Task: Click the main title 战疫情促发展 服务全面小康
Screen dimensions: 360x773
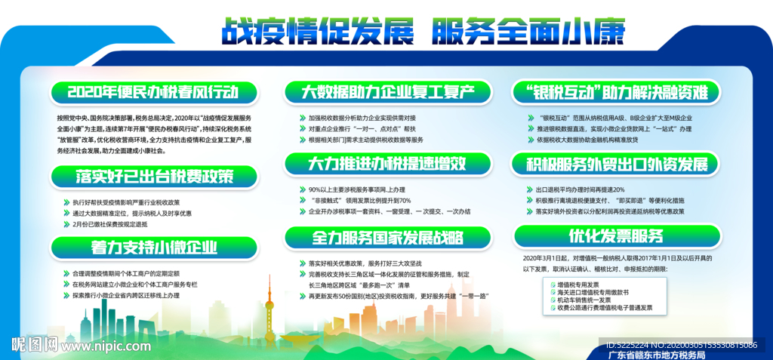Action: click(423, 31)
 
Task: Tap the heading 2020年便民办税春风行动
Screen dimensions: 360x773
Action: click(153, 93)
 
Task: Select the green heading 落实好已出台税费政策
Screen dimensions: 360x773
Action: click(154, 177)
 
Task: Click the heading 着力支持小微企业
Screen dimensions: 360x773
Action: click(154, 247)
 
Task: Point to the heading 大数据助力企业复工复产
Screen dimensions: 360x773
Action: click(387, 93)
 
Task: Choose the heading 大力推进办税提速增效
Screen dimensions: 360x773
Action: click(387, 163)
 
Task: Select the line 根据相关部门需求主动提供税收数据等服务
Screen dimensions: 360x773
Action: click(365, 140)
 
